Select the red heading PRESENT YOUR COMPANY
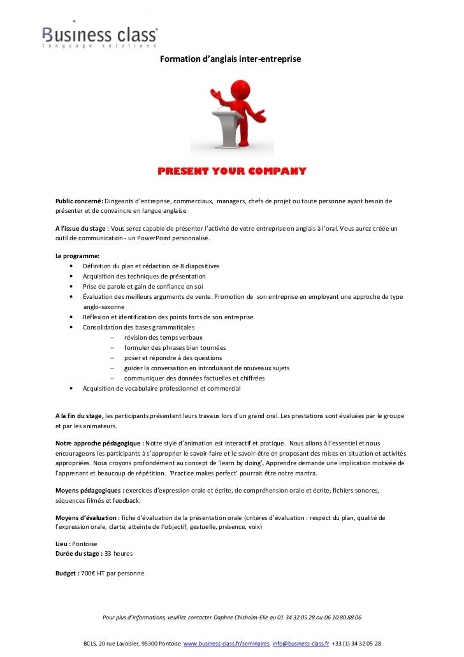(x=232, y=171)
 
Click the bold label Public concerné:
(x=80, y=201)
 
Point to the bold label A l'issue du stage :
(x=82, y=228)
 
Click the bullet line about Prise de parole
(x=143, y=287)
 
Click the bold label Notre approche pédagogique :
(x=99, y=442)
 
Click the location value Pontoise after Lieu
(x=85, y=544)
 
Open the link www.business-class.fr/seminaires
(x=226, y=644)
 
